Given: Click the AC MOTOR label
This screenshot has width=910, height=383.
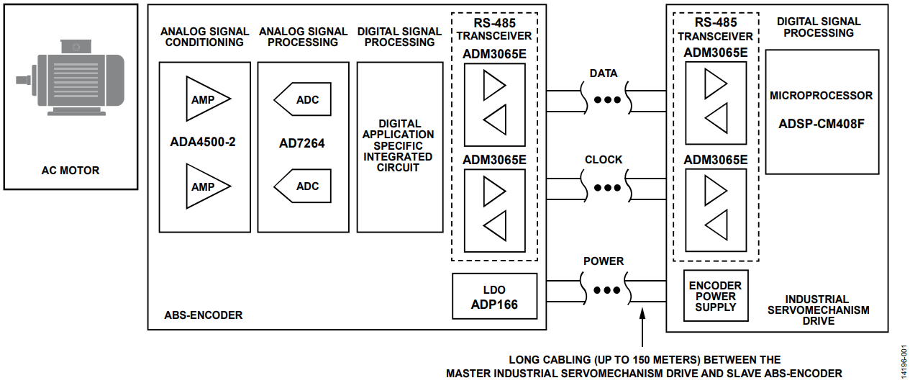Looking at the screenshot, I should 70,171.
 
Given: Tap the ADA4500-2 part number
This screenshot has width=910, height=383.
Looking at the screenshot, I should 204,142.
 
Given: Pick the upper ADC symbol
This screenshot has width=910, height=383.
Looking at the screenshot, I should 303,100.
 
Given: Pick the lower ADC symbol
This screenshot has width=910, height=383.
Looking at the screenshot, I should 303,186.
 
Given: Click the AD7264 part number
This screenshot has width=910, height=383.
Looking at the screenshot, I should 301,143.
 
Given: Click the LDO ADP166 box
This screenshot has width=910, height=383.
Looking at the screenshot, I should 494,297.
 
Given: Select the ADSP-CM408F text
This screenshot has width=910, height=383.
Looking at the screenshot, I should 822,123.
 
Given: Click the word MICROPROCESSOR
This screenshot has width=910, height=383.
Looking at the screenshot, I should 822,95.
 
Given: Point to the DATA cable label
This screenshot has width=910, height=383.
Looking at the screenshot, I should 603,73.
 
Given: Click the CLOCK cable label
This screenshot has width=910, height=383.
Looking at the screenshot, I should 604,160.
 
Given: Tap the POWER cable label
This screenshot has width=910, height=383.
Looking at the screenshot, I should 604,261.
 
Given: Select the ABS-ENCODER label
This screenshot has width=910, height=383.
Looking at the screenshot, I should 204,315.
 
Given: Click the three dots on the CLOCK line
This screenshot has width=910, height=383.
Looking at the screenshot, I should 607,188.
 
